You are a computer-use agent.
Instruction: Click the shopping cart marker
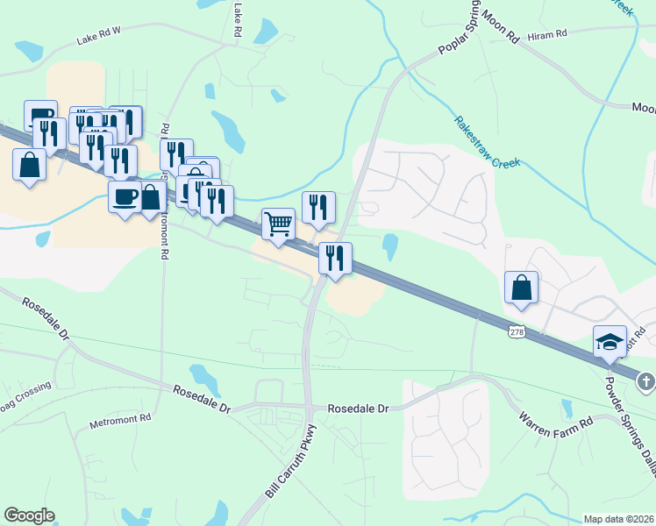coord(278,224)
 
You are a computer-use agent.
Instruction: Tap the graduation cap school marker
coord(610,342)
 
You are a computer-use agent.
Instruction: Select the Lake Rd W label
coord(98,39)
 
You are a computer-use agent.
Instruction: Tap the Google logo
coord(29,515)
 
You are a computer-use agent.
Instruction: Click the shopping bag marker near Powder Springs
coord(522,287)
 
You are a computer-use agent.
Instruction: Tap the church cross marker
coord(645,381)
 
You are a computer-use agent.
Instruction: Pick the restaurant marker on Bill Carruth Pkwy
coord(335,258)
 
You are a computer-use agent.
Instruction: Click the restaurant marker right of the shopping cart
coord(318,207)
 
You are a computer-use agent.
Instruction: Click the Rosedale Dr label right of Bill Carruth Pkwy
coord(357,409)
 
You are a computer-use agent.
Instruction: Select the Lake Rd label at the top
coord(238,18)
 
